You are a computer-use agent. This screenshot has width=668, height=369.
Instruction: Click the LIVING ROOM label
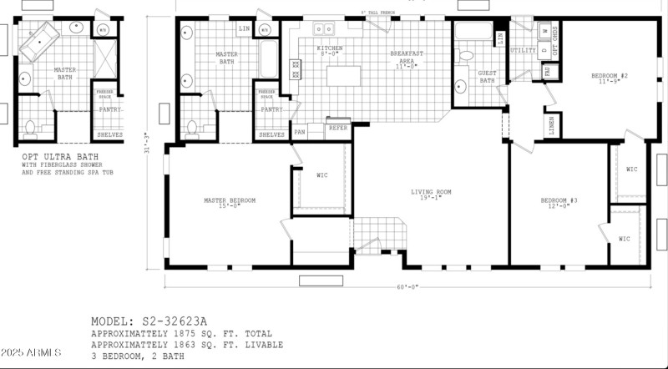point(431,192)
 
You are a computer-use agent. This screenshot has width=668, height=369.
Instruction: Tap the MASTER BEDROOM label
point(230,200)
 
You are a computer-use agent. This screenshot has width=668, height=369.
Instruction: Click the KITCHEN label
point(329,49)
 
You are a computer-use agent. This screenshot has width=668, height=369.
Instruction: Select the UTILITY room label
point(523,50)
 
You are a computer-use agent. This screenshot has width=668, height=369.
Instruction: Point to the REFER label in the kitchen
point(337,128)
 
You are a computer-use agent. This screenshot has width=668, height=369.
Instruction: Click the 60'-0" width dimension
point(407,286)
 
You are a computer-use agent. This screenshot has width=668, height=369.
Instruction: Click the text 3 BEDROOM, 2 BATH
point(137,356)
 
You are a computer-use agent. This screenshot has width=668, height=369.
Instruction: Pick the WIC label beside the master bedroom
point(321,175)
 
